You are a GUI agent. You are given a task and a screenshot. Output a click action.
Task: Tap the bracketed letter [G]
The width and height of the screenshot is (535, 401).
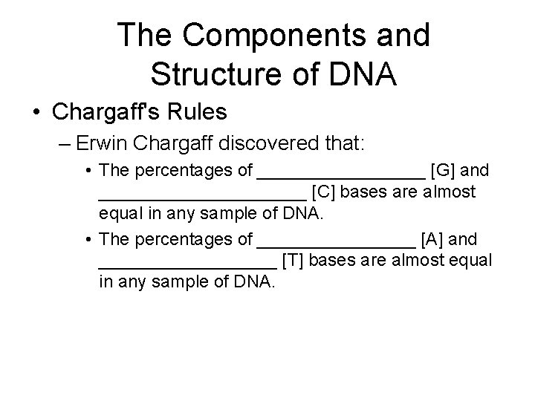[445, 171]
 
